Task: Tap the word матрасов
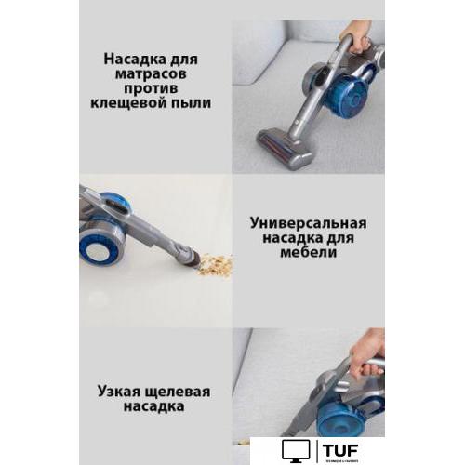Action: (157, 73)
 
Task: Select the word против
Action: (157, 88)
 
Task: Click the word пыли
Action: (192, 104)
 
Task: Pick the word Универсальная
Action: (308, 223)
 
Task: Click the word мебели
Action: (308, 254)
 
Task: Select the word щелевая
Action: (185, 391)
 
